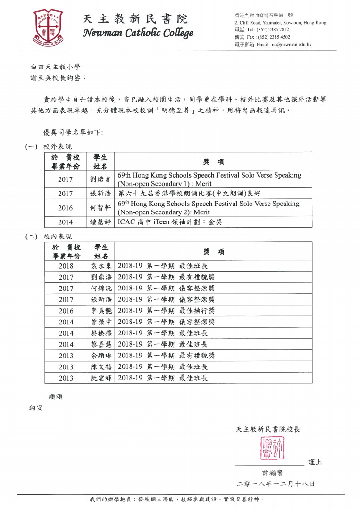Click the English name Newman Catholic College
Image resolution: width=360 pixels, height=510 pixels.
[138, 34]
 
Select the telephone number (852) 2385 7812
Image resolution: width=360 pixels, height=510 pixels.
[272, 30]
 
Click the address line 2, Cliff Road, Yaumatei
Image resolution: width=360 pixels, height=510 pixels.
[280, 23]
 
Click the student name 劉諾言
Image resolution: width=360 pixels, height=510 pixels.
[100, 179]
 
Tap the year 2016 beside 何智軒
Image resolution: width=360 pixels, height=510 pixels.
[66, 208]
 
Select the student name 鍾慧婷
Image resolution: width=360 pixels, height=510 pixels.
[100, 222]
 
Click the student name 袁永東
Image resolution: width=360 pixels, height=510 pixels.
[100, 266]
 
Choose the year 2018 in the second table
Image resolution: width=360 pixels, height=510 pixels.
[66, 266]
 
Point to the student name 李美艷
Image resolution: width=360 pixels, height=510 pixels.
[100, 311]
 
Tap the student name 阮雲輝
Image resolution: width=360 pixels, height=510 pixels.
[100, 378]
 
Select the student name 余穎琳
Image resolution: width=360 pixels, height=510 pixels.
[100, 356]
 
